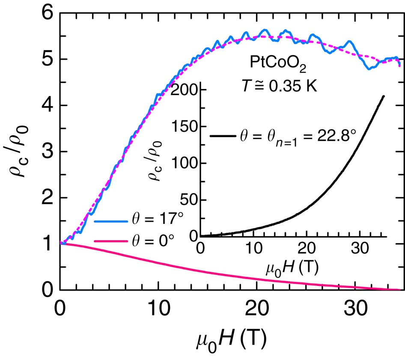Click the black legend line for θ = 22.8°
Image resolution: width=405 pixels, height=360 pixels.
[x=223, y=137]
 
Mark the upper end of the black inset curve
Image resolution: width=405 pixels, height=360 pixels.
[x=383, y=96]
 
